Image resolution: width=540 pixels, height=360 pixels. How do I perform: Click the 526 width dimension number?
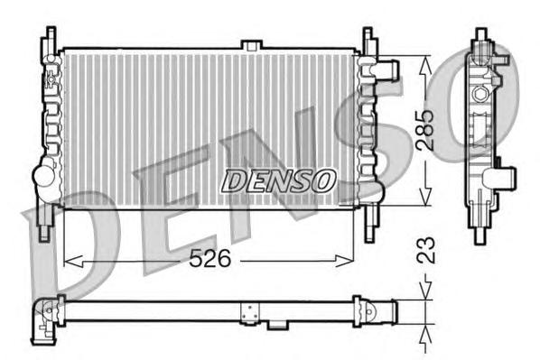click(x=209, y=259)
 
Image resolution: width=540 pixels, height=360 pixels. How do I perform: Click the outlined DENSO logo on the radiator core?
click(x=278, y=180)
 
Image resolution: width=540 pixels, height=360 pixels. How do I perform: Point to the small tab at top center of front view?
click(x=251, y=44)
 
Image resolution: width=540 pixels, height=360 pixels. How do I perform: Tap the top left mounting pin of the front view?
click(x=46, y=41)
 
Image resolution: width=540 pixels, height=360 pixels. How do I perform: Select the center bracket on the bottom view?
click(x=248, y=311)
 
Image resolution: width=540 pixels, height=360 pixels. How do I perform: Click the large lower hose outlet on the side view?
click(x=506, y=177)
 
